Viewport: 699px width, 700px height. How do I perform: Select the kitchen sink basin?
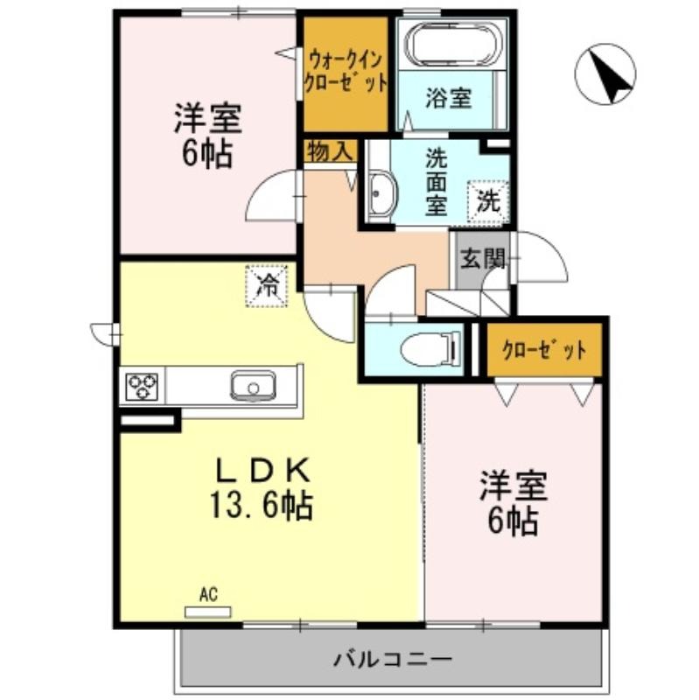point(253,386)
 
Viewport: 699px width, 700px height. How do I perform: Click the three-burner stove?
point(143,386)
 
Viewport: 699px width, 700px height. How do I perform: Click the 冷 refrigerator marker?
point(267,285)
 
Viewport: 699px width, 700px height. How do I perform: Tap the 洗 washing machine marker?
point(488,202)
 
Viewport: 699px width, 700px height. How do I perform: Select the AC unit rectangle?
point(208,612)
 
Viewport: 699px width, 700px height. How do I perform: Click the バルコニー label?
point(393,659)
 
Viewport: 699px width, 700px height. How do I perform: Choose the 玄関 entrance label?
point(482,258)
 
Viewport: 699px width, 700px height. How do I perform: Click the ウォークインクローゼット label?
point(345,72)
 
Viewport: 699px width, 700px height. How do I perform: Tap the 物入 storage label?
point(331,151)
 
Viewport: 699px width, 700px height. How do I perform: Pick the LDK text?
point(263,471)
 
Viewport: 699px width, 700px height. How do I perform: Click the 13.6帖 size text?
point(262,506)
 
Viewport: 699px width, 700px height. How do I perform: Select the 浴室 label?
point(448,98)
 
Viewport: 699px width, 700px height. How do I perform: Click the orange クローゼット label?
point(544,351)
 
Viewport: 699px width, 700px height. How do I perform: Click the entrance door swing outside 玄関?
point(541,256)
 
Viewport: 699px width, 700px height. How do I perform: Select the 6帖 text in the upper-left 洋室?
point(207,154)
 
